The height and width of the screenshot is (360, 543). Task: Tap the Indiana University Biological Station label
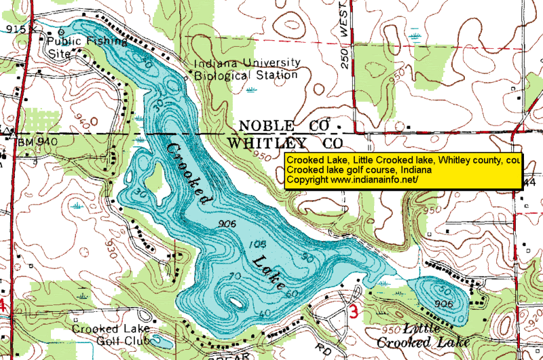click(x=246, y=69)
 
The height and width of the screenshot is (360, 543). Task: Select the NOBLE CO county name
click(x=286, y=126)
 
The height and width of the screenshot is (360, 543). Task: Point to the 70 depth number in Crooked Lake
click(x=236, y=275)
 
